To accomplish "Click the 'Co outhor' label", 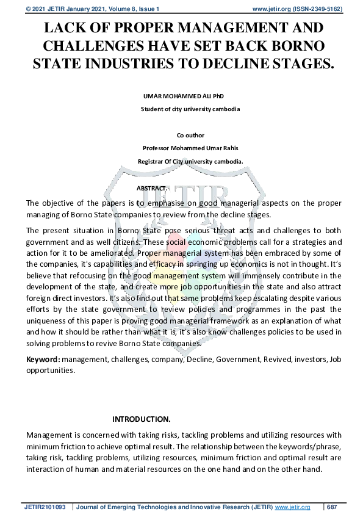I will tap(190, 136).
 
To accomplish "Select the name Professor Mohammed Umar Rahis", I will tap(190, 148).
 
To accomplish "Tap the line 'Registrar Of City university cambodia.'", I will tap(190, 162).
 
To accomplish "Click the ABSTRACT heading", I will tap(151, 188).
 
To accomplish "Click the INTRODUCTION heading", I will tap(142, 419).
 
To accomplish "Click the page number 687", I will tap(332, 507).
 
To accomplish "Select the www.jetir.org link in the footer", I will tap(293, 507).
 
